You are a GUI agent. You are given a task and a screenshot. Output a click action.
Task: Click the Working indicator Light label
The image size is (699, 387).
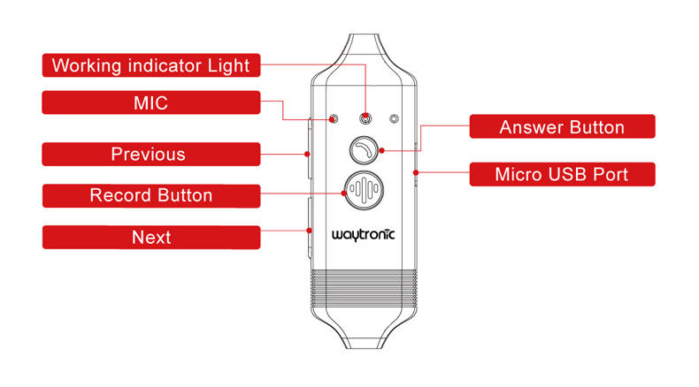coord(151,65)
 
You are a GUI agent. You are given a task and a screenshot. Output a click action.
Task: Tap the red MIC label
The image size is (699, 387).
coord(151,102)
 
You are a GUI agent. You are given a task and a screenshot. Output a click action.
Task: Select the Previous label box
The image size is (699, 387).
coord(151,155)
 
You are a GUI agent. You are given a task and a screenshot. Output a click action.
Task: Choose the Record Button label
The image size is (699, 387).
coord(151,195)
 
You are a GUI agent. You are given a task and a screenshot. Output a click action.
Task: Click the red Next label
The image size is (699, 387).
coord(151,237)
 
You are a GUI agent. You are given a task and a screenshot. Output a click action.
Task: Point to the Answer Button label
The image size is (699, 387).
coord(562,127)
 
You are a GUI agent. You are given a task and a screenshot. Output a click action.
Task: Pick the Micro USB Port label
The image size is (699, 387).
coord(562,174)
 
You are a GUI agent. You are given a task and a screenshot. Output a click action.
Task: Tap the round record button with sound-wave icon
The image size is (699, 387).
coord(363,190)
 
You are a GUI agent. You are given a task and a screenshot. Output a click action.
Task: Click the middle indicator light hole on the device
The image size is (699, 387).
coord(364,118)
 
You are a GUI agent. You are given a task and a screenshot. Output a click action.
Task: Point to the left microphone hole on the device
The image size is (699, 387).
coord(334,118)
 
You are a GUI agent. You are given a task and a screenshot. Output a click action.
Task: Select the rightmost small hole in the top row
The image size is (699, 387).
coord(394,118)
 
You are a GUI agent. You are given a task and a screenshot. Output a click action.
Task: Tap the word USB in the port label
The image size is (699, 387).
coord(567,174)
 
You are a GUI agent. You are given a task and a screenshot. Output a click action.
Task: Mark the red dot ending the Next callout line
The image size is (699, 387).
coord(311,230)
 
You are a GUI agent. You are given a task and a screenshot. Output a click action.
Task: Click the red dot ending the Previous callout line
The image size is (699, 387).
coord(310,154)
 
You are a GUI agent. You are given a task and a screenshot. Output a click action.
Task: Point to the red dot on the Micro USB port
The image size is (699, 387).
coord(416,171)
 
